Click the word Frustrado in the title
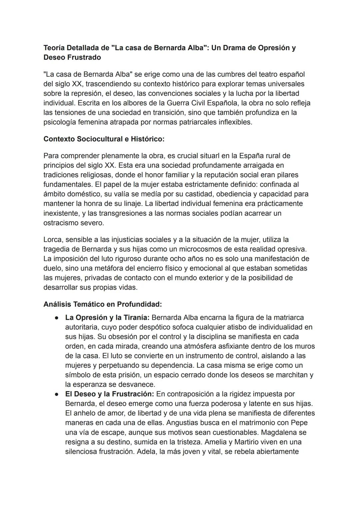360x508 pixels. point(85,57)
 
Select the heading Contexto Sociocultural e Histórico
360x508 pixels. point(104,139)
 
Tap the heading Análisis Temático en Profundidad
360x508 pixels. point(102,304)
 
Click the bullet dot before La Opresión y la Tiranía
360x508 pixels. point(57,318)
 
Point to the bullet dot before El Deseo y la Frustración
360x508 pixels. point(57,394)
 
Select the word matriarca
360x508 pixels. point(288,318)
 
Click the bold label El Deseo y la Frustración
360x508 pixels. point(109,394)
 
